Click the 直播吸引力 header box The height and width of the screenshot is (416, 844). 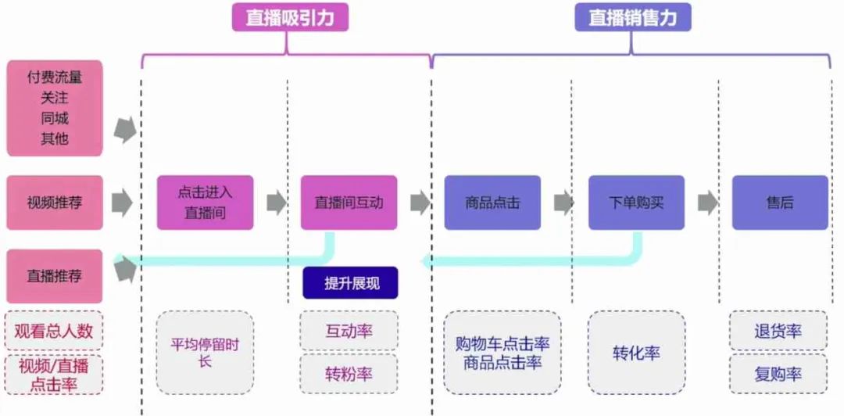[x=290, y=17]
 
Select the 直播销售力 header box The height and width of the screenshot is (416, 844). [x=632, y=17]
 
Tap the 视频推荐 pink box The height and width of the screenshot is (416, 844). [x=54, y=203]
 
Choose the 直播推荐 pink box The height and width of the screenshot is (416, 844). [x=54, y=276]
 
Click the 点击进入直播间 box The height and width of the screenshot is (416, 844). [x=205, y=203]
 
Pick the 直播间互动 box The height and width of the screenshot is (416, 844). [x=349, y=203]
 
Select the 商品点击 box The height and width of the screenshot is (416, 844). [x=492, y=203]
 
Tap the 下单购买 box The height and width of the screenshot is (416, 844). [x=636, y=203]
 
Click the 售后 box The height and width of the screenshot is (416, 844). [x=780, y=203]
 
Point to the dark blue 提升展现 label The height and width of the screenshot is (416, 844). [x=351, y=283]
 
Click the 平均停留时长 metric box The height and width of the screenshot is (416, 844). [x=205, y=353]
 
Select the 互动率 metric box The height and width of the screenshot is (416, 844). [x=349, y=331]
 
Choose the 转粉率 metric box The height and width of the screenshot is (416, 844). [x=349, y=374]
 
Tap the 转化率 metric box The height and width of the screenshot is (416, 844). [x=636, y=353]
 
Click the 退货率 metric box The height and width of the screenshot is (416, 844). [x=778, y=331]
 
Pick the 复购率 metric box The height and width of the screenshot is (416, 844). [x=778, y=374]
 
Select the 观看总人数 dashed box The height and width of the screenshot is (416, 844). [x=54, y=331]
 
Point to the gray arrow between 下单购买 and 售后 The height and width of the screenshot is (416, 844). [x=708, y=203]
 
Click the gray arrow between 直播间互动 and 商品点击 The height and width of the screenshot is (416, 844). [x=420, y=203]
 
